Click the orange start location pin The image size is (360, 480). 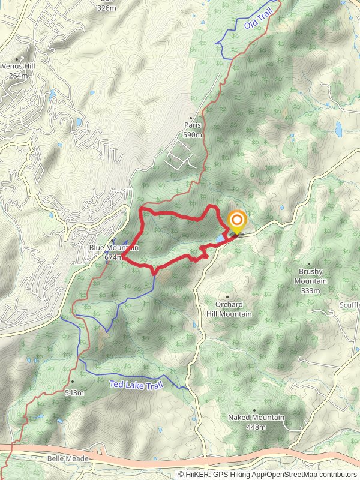(236, 221)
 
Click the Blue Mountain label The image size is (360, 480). (113, 248)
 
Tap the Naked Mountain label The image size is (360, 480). (256, 418)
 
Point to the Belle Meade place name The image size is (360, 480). (68, 458)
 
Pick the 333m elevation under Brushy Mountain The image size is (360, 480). (311, 291)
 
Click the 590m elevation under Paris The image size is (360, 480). (192, 136)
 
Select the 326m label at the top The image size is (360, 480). (106, 8)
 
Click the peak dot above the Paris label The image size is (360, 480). (191, 118)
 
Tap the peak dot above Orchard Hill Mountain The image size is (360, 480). (227, 296)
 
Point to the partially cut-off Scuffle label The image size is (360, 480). (349, 305)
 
